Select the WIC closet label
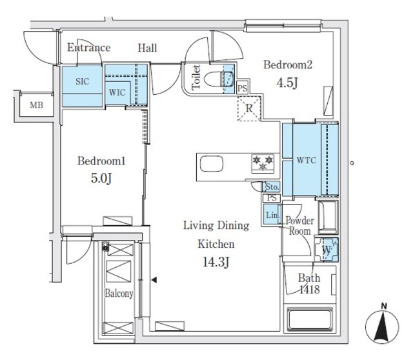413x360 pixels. tap(117, 92)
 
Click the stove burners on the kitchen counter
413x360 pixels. tap(262, 163)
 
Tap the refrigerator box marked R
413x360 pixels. tap(248, 108)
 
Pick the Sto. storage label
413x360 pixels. tap(272, 186)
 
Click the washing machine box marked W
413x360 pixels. tap(326, 249)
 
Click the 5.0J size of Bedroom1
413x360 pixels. tap(101, 177)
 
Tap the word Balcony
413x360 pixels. tap(119, 294)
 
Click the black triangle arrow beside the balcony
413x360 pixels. tap(154, 280)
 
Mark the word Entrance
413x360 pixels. tap(89, 48)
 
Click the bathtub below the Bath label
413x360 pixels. tap(310, 320)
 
